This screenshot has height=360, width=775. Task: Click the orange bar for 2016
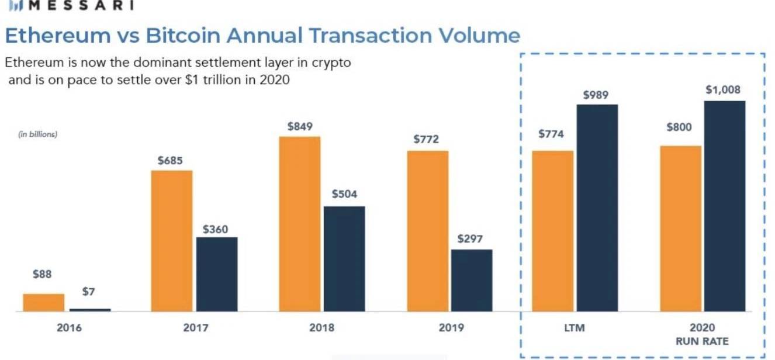(44, 302)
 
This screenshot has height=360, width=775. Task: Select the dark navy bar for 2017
(217, 274)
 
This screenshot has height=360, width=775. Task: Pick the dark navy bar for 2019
(472, 281)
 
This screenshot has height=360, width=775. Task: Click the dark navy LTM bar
(597, 208)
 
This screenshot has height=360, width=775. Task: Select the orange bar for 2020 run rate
(681, 229)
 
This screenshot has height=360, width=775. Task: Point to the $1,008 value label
(723, 90)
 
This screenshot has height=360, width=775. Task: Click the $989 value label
(596, 94)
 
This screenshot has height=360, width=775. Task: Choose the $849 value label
(300, 126)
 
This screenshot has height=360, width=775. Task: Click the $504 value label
(344, 195)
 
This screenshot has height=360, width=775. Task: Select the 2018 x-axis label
(321, 327)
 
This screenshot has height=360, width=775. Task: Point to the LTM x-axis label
(575, 327)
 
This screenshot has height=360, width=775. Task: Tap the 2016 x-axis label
(69, 327)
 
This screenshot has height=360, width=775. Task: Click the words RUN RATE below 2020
(702, 341)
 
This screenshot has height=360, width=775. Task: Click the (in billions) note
(37, 134)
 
